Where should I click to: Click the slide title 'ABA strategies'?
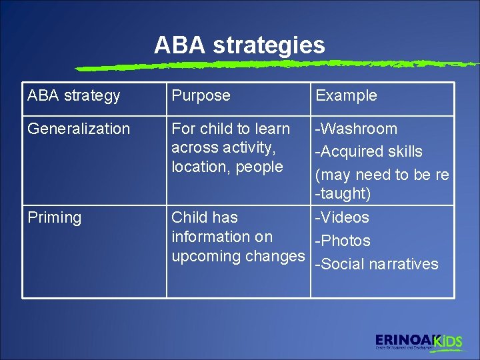[x=239, y=45]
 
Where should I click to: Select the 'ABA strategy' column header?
[x=73, y=95]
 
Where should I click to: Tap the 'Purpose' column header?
[x=201, y=95]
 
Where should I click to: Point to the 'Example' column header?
[x=346, y=95]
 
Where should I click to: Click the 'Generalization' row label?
[x=79, y=129]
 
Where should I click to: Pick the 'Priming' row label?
[x=54, y=217]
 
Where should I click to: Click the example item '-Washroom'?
[x=356, y=129]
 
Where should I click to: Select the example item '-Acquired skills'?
[x=369, y=151]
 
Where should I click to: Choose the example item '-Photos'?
[x=343, y=241]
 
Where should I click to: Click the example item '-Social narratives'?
[x=377, y=264]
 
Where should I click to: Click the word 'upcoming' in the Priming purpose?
[x=205, y=256]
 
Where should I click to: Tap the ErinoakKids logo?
[x=418, y=341]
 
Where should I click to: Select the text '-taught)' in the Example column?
[x=343, y=194]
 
